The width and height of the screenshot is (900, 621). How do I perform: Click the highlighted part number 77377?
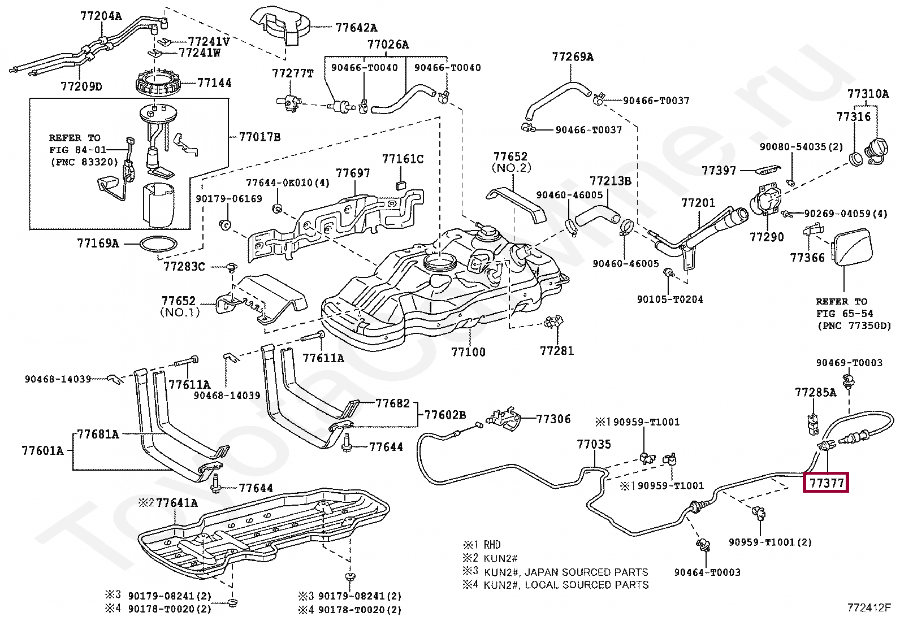[x=826, y=483]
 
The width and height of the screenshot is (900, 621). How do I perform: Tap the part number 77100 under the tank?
[x=468, y=352]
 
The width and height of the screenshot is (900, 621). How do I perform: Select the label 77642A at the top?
[x=356, y=27]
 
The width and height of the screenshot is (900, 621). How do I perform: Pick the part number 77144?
[x=214, y=83]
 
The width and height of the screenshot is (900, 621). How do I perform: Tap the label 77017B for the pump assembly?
[x=259, y=137]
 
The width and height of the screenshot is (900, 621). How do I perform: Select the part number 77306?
[x=553, y=419]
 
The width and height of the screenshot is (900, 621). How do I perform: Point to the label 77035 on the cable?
[x=594, y=445]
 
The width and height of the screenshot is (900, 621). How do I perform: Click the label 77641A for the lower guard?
[x=177, y=502]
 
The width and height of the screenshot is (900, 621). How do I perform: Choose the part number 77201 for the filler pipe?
[x=698, y=202]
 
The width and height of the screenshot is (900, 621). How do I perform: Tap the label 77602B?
[x=445, y=415]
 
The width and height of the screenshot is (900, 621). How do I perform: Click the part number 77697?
[x=353, y=173]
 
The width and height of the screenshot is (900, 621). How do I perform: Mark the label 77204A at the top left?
[x=100, y=16]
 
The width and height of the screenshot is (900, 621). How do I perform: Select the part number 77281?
[x=557, y=350]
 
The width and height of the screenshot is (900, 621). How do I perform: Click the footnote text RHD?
[x=492, y=545]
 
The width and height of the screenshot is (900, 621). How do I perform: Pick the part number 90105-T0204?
[x=670, y=299]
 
